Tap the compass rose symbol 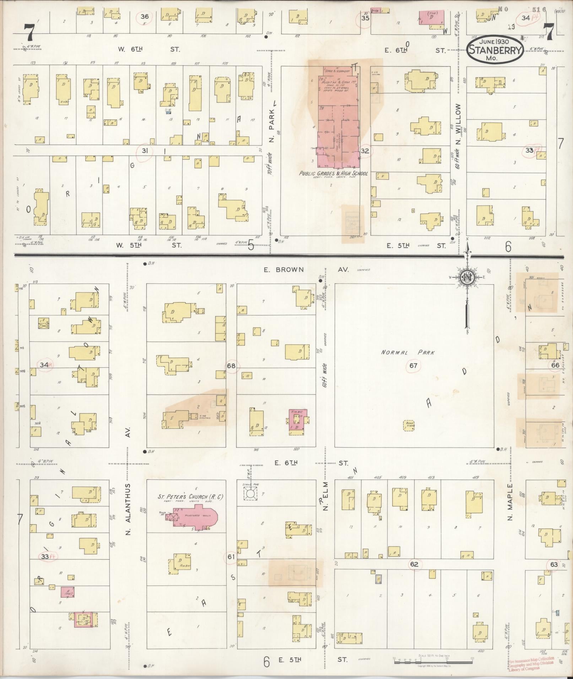click(x=466, y=278)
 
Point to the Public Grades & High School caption click(x=333, y=174)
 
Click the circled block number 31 click(x=145, y=151)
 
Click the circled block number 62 click(x=414, y=564)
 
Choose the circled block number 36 click(x=145, y=16)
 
